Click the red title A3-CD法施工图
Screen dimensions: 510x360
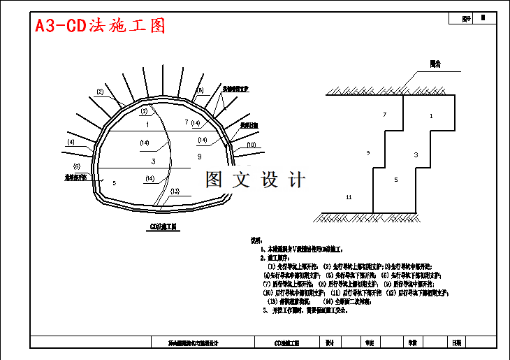pyautogui.click(x=101, y=26)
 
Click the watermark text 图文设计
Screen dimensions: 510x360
pyautogui.click(x=255, y=180)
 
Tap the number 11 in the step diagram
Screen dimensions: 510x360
pyautogui.click(x=349, y=199)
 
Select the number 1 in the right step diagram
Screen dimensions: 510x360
pyautogui.click(x=431, y=115)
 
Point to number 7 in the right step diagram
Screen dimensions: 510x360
pyautogui.click(x=384, y=114)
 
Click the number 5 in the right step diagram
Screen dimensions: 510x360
pyautogui.click(x=395, y=180)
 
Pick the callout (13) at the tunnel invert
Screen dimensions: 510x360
pyautogui.click(x=175, y=191)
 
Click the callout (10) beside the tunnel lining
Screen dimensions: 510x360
pyautogui.click(x=251, y=145)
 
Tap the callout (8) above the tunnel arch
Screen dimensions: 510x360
pyautogui.click(x=200, y=91)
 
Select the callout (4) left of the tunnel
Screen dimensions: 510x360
pyautogui.click(x=71, y=142)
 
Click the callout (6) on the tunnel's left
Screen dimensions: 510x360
pyautogui.click(x=77, y=166)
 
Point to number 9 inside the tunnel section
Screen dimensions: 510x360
pyautogui.click(x=199, y=157)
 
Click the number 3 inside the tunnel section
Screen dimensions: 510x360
pyautogui.click(x=153, y=161)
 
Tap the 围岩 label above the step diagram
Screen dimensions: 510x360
pyautogui.click(x=435, y=64)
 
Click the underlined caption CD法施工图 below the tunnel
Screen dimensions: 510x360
pyautogui.click(x=164, y=227)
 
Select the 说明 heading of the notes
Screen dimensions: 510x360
pyautogui.click(x=256, y=240)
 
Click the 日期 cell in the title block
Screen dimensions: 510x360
pyautogui.click(x=456, y=343)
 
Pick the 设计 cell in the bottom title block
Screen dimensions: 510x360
pyautogui.click(x=330, y=343)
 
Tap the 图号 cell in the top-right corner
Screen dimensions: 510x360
pyautogui.click(x=467, y=19)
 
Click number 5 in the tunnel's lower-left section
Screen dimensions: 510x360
pyautogui.click(x=114, y=182)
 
